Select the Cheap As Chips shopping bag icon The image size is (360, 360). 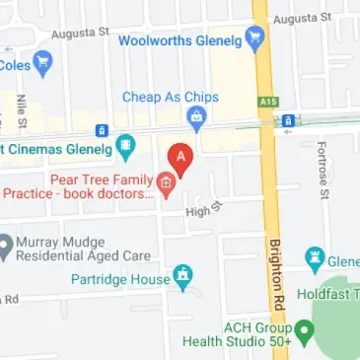click(x=196, y=118)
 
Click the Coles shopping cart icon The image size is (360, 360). click(x=41, y=65)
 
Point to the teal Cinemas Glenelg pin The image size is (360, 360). click(x=125, y=149)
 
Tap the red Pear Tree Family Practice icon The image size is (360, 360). click(x=166, y=183)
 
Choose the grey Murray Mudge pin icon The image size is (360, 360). click(x=6, y=245)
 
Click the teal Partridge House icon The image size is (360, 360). click(x=182, y=278)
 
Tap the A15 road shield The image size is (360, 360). click(x=265, y=102)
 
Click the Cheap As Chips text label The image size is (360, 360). click(x=171, y=97)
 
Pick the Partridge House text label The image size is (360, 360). click(x=120, y=279)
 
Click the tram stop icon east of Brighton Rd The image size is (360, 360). click(x=287, y=120)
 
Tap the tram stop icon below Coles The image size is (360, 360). click(x=100, y=129)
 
